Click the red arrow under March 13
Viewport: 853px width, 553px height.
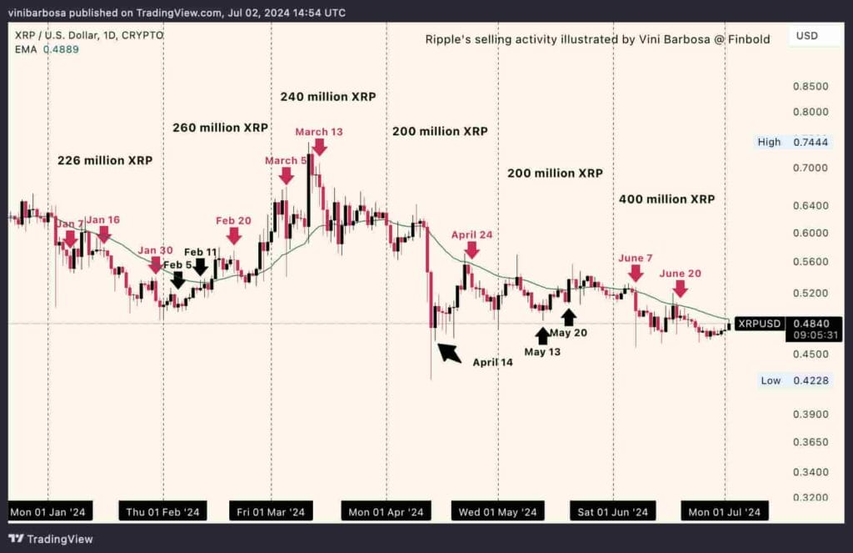tap(319, 147)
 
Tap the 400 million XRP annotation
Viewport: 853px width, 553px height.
tap(666, 199)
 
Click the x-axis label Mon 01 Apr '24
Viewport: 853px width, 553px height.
tap(386, 511)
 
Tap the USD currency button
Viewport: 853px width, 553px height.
tap(807, 37)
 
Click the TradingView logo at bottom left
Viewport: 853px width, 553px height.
tap(51, 539)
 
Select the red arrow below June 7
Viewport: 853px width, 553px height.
tap(636, 273)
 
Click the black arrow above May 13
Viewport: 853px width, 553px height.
tap(542, 335)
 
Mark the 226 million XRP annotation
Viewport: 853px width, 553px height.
tap(105, 160)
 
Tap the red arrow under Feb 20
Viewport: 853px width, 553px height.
tap(234, 235)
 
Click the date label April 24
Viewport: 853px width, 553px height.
tap(472, 234)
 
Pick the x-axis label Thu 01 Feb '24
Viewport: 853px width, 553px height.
tap(162, 511)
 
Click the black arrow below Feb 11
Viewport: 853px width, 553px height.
tap(201, 267)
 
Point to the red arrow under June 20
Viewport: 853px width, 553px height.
tap(680, 289)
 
